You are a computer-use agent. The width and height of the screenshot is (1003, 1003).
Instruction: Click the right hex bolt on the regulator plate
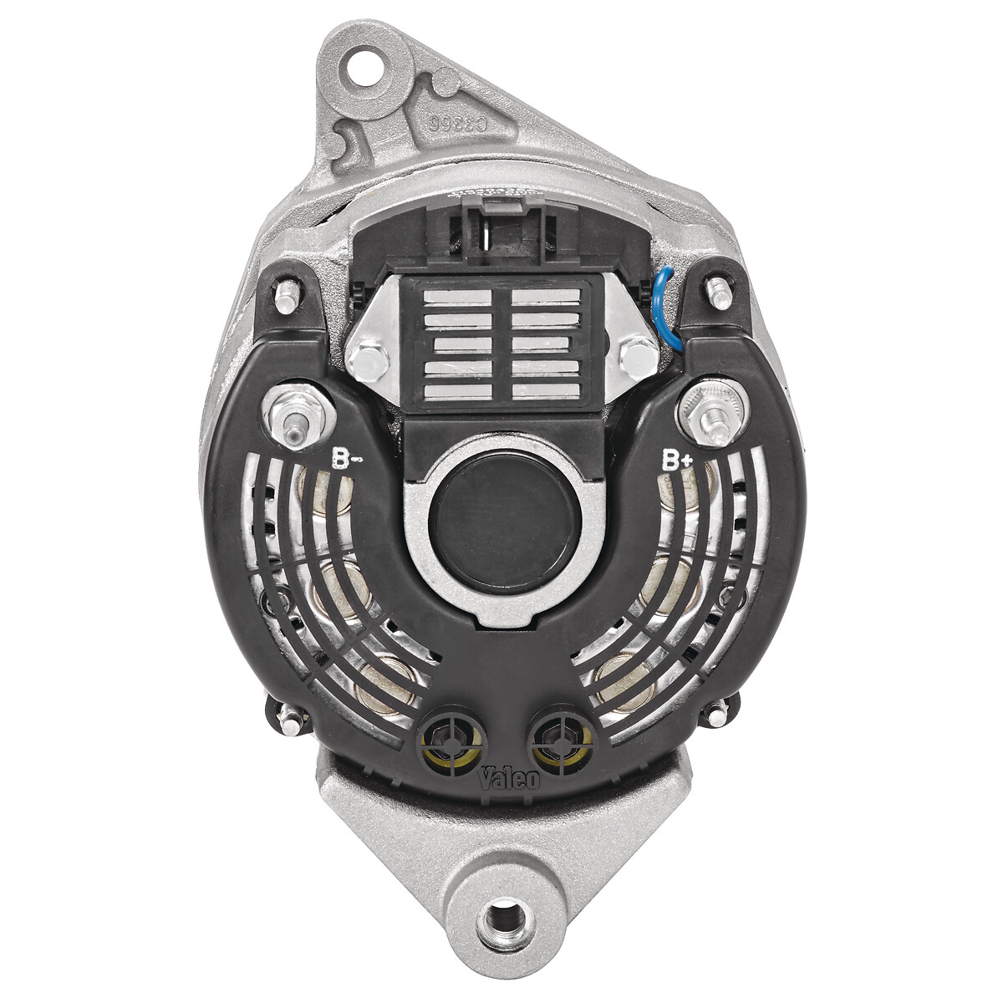[x=637, y=356]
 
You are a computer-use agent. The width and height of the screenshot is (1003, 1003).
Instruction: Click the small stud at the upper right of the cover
[x=715, y=292]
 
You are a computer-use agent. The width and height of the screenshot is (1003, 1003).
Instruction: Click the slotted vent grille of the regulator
[x=503, y=343]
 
